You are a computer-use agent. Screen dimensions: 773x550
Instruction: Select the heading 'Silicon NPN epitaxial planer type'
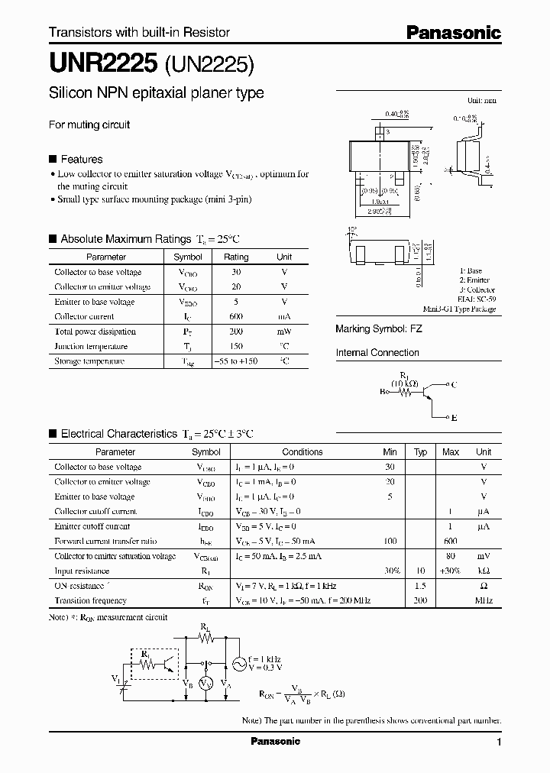point(157,93)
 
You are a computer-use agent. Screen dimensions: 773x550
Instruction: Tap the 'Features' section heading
point(81,159)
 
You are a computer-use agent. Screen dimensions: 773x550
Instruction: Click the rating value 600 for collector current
point(236,316)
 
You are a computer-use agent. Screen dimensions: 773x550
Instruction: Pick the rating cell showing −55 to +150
point(236,361)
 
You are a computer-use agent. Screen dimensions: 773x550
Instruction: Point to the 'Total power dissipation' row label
point(95,332)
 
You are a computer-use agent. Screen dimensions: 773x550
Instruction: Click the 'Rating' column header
point(236,257)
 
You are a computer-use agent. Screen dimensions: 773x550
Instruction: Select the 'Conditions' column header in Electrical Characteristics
point(302,452)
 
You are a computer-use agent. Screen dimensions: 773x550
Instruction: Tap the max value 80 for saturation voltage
point(451,556)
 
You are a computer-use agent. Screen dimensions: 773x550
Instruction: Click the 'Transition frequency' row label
point(90,601)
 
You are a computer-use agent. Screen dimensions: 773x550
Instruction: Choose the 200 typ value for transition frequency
point(419,601)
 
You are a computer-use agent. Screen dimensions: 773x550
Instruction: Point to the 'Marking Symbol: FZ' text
point(379,328)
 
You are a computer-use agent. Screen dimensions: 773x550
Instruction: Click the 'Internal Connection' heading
point(377,353)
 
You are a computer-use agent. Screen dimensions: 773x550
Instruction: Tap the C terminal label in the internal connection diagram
point(454,385)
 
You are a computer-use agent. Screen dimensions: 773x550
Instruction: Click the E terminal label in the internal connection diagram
point(454,418)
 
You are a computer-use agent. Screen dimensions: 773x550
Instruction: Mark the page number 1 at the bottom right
point(499,742)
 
